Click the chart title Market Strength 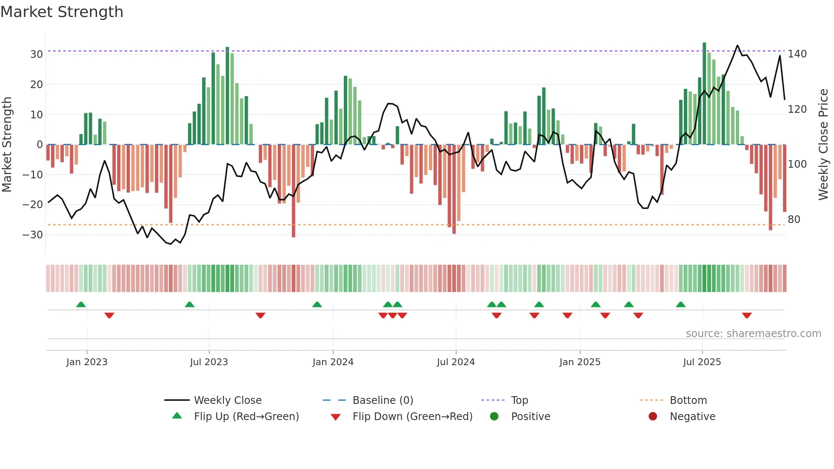[x=62, y=12]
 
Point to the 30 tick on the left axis [x=37, y=54]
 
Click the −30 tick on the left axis [x=33, y=235]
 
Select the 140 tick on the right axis [x=797, y=54]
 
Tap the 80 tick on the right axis [x=794, y=220]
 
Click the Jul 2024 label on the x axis [x=455, y=362]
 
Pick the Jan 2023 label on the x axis [x=87, y=362]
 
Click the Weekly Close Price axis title [x=823, y=145]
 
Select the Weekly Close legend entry [x=227, y=400]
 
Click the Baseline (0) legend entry [x=383, y=400]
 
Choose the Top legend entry [x=519, y=400]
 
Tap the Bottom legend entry [x=688, y=400]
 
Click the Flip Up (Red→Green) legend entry [x=246, y=417]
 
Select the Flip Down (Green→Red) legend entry [x=412, y=417]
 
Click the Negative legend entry [x=692, y=417]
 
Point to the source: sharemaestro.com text [x=753, y=334]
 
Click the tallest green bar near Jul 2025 [x=704, y=94]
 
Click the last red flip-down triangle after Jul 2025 [x=747, y=315]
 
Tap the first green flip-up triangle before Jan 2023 [x=81, y=304]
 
